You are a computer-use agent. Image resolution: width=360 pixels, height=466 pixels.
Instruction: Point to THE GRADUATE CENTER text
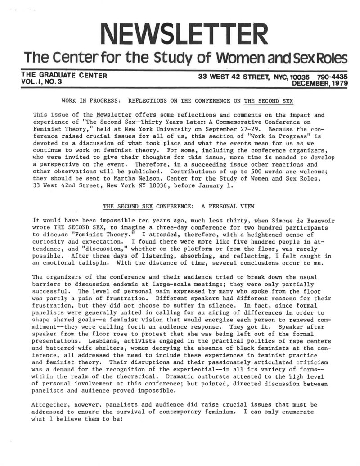tap(63, 76)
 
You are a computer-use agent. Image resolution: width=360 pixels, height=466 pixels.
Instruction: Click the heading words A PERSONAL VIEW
tap(228, 207)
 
